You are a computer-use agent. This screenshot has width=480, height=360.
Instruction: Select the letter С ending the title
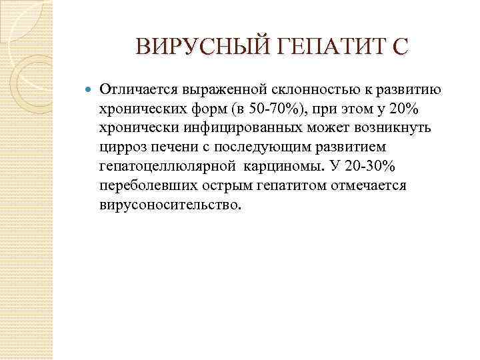pyautogui.click(x=397, y=47)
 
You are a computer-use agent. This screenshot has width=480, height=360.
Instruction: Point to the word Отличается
pyautogui.click(x=138, y=89)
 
